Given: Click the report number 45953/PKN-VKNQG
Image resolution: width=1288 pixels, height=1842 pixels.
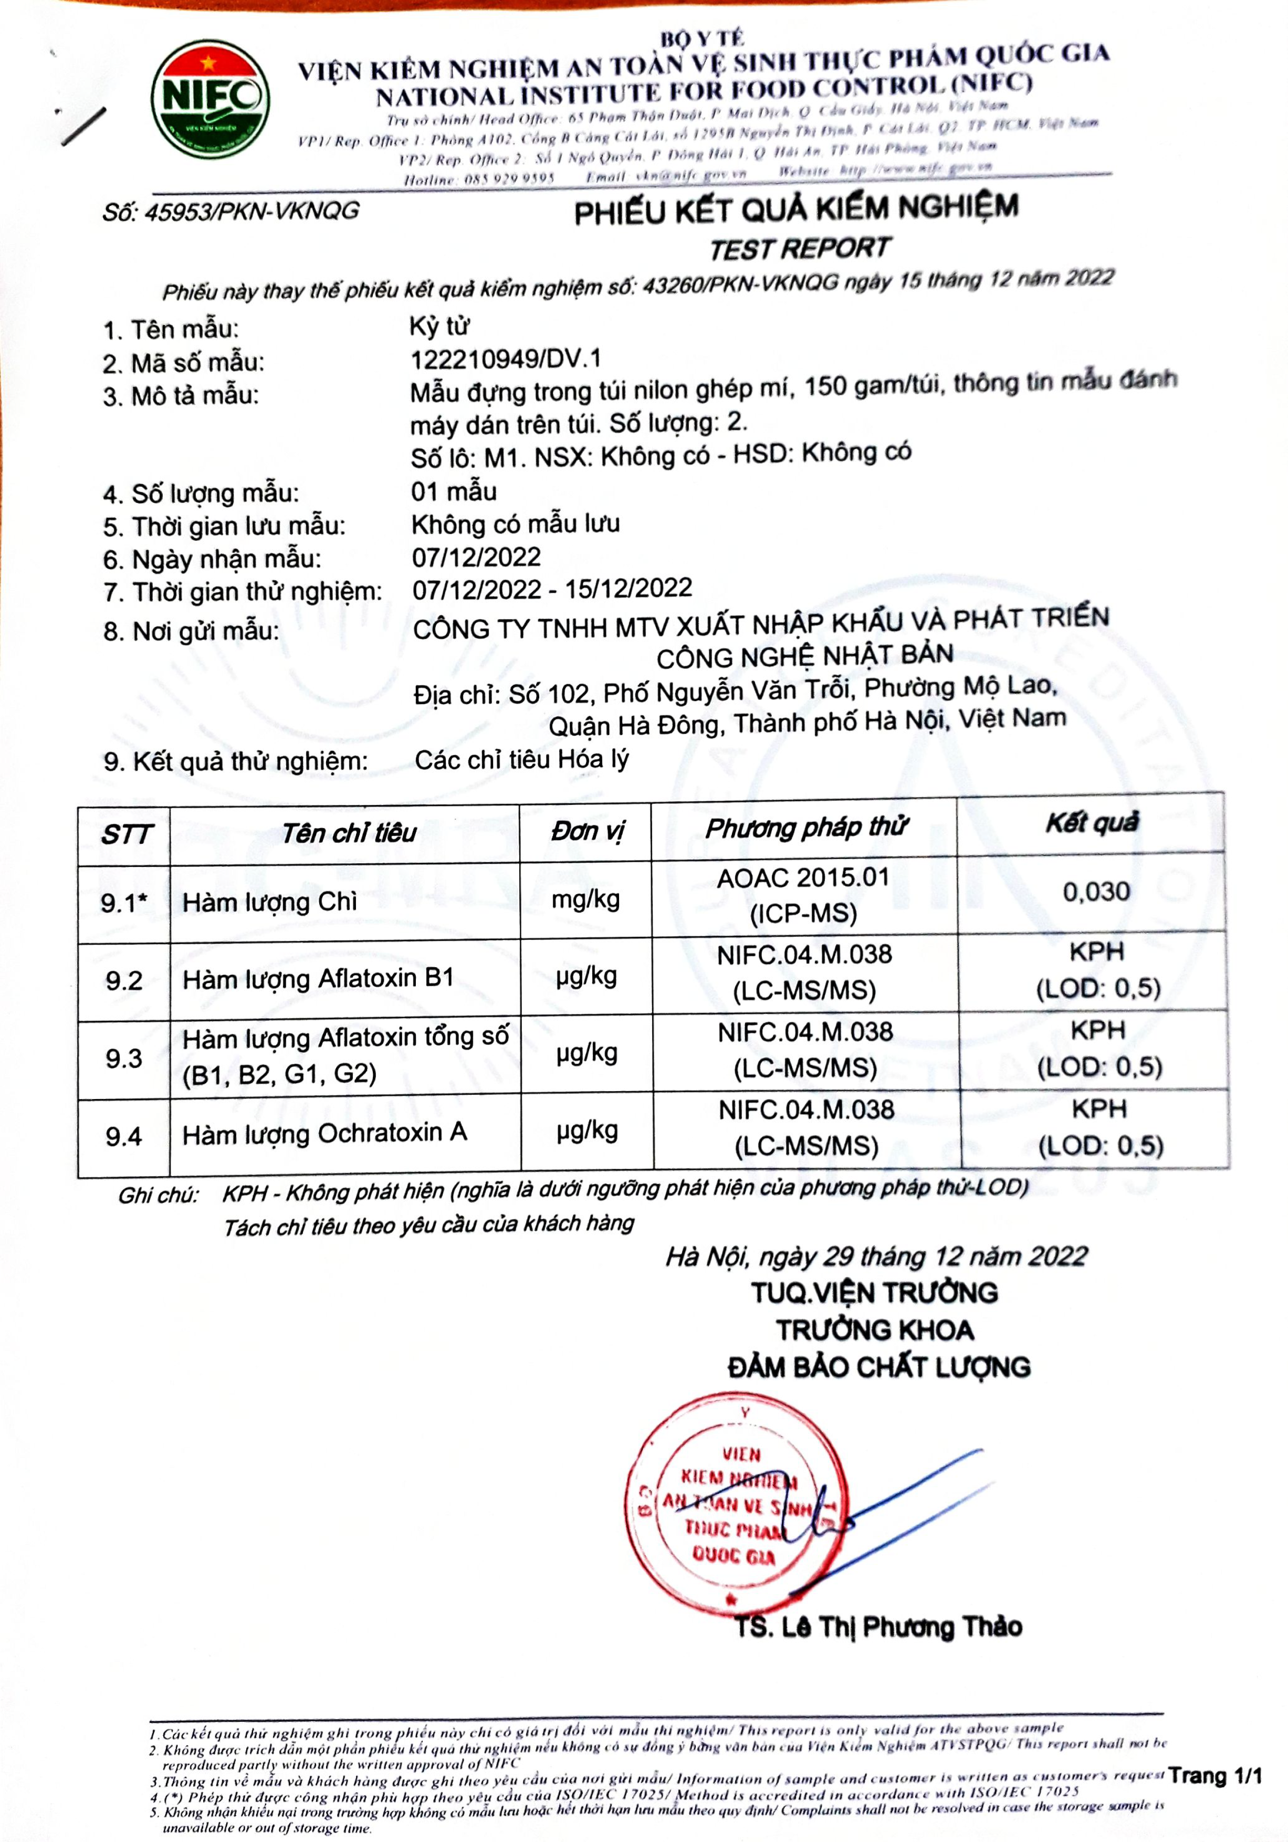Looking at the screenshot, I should click(x=231, y=212).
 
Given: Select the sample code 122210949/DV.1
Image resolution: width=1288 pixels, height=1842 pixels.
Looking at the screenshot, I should click(x=506, y=359).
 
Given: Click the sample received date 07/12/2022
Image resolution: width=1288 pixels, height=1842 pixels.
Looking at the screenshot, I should click(x=477, y=557).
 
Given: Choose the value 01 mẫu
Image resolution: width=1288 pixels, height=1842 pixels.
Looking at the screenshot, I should click(x=454, y=491).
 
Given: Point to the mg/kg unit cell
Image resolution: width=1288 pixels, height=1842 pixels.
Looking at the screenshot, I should click(x=586, y=899).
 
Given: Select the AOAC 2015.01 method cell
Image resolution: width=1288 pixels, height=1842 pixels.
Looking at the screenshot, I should click(x=803, y=895).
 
